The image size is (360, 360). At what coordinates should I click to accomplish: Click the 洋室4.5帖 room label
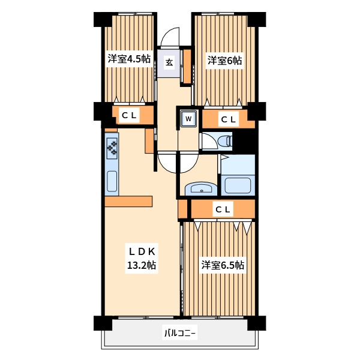coord(129,59)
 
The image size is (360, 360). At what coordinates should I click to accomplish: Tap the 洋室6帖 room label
coord(224,61)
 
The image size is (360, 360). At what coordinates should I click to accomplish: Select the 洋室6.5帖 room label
coord(223,265)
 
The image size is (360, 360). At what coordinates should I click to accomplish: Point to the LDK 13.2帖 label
coord(142,258)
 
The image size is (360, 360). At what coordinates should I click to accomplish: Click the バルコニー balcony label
coord(180,333)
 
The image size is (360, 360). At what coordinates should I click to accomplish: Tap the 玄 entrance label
coord(169,62)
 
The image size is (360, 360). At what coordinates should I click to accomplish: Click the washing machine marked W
coord(188,118)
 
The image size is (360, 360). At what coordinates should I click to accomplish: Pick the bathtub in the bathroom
coord(238,185)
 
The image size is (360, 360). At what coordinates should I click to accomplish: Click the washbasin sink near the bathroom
coord(201,188)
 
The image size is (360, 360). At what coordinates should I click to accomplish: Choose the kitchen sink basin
coord(112,181)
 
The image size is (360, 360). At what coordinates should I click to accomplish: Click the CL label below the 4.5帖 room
coord(129,115)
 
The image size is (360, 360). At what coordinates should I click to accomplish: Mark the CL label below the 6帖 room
coord(228,119)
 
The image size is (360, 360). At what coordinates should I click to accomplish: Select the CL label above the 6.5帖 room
coord(223,209)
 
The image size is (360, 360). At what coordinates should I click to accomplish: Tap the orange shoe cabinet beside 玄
coord(187,67)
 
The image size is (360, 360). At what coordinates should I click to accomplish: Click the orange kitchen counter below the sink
coord(128,202)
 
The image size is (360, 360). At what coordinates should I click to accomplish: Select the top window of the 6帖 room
coord(218,14)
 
